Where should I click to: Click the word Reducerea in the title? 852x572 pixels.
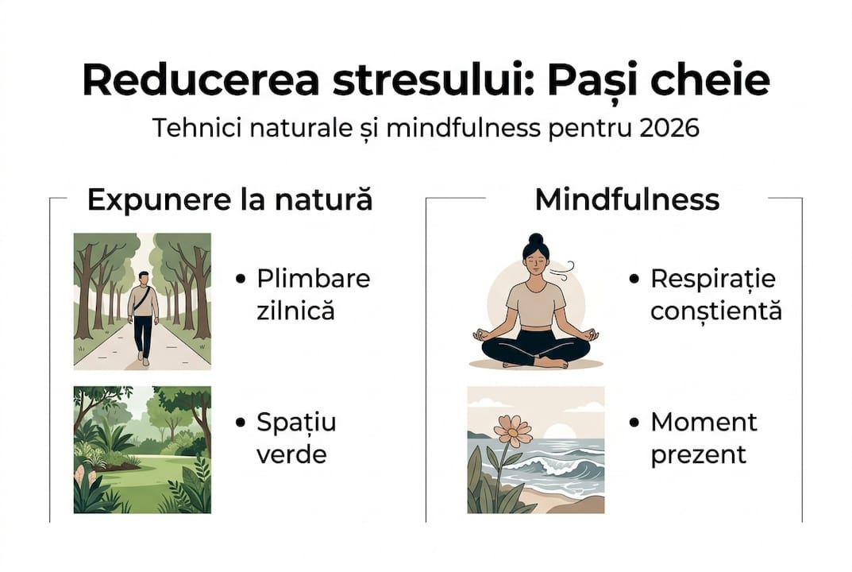(187, 81)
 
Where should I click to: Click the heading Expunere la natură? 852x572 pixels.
(229, 199)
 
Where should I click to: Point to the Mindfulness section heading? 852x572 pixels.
(626, 199)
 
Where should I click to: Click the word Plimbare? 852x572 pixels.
(313, 280)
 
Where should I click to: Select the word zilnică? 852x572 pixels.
(295, 310)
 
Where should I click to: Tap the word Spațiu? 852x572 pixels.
(296, 423)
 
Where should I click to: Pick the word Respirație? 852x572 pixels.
(712, 280)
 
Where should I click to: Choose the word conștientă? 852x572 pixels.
(715, 310)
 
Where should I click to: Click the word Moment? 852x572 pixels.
(704, 422)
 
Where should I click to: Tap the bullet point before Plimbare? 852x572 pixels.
(241, 280)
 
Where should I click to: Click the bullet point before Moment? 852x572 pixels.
(634, 423)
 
